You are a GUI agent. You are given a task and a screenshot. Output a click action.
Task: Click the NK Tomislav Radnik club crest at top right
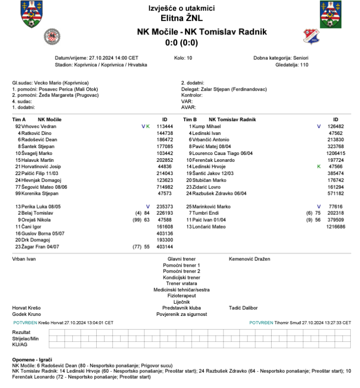[310, 36]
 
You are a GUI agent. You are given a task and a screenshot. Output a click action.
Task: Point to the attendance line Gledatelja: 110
[292, 64]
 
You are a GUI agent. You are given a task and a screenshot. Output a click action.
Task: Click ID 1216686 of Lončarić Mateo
[335, 227]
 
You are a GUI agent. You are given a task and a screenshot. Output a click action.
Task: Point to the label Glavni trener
[181, 259]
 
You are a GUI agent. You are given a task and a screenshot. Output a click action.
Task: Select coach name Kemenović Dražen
[249, 259]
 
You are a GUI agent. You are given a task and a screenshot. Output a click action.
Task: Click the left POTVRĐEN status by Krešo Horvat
[24, 323]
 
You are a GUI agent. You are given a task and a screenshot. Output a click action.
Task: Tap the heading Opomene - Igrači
[32, 361]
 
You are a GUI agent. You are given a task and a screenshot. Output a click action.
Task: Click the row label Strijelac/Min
[26, 338]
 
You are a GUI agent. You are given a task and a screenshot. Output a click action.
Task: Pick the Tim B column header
[190, 119]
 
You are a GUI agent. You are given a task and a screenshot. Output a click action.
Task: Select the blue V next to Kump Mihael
[319, 126]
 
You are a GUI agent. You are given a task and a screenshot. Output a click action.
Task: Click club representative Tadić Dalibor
[243, 308]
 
